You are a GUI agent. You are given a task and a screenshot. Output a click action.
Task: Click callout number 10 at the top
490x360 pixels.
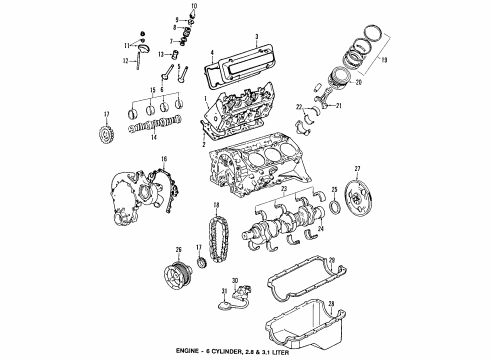coord(194,7)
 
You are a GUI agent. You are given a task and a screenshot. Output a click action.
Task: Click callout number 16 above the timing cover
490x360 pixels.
coord(164,160)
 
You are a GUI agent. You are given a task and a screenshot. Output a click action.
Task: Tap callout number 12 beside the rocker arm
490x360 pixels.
coord(135,62)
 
